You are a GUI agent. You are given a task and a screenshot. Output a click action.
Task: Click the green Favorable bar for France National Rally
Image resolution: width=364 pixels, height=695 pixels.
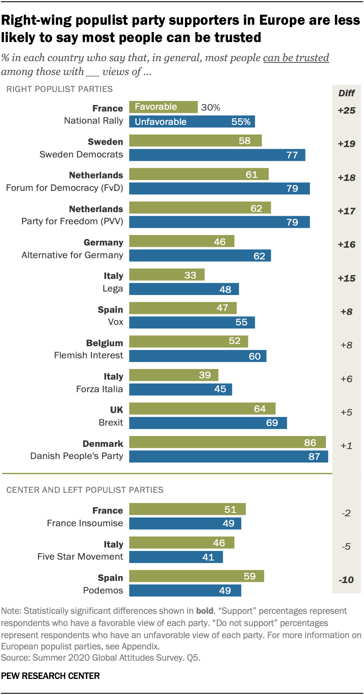click(163, 107)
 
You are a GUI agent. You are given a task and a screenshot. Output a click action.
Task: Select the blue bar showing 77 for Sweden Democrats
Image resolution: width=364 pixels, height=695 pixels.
click(217, 155)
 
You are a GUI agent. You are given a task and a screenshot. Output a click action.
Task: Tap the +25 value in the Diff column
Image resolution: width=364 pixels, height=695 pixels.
click(346, 111)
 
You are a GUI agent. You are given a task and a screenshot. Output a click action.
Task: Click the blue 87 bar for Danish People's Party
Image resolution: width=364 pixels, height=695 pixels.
click(228, 456)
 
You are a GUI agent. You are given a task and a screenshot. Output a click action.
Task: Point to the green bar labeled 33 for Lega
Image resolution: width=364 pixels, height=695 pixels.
click(167, 275)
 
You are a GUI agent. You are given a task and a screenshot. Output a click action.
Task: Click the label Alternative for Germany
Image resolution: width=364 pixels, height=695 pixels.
click(72, 255)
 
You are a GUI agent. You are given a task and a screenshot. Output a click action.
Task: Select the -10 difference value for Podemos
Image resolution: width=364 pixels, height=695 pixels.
click(346, 580)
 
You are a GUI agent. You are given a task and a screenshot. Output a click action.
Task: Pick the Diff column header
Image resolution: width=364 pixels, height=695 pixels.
click(346, 93)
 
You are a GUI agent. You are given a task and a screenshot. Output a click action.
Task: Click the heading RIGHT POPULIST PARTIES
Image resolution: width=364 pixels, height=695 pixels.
click(59, 89)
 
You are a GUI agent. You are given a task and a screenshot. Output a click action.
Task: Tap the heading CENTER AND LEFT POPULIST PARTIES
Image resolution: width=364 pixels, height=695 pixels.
click(85, 490)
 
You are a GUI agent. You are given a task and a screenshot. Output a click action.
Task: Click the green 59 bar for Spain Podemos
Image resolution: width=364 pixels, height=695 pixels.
click(196, 577)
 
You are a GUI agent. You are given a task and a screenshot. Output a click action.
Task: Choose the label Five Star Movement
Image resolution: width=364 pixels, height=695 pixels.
click(80, 557)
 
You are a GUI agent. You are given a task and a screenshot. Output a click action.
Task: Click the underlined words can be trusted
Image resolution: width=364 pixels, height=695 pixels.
click(296, 58)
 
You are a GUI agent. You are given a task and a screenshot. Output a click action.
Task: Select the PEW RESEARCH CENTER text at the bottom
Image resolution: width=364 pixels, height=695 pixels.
click(50, 676)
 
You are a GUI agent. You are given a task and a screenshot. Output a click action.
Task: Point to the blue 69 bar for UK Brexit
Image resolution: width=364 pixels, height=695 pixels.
click(208, 423)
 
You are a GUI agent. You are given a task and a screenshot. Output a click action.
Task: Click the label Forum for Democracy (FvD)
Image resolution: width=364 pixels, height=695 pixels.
click(65, 188)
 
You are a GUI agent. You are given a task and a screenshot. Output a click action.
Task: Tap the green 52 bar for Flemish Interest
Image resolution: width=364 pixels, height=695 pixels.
click(188, 341)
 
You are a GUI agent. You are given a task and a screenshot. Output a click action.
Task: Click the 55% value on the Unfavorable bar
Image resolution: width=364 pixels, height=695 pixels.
click(241, 122)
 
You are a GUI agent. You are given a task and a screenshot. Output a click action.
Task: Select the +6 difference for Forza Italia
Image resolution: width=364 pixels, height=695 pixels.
click(346, 379)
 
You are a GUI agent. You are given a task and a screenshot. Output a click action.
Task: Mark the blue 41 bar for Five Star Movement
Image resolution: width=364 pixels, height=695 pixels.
click(176, 557)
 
